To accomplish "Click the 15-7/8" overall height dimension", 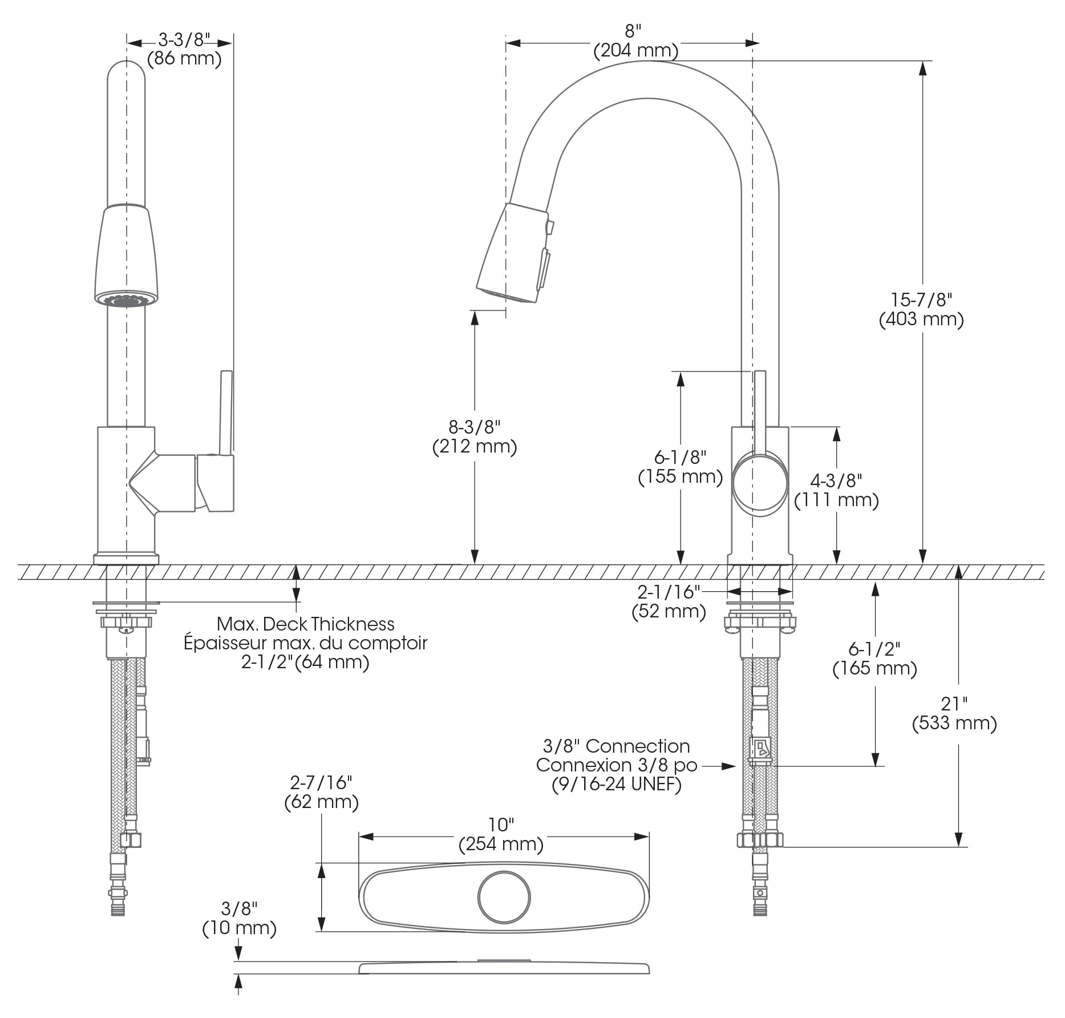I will click(x=921, y=300).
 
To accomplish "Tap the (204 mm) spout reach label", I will click(x=635, y=51).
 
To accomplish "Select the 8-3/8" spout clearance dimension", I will click(x=474, y=427).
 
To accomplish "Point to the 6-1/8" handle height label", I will click(x=680, y=457).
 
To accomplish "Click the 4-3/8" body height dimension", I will click(x=836, y=480).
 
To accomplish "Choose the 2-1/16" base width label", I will click(x=668, y=592).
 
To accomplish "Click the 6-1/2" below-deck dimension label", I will click(x=874, y=649).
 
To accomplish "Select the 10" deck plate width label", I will click(x=501, y=825).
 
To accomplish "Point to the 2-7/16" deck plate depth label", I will click(x=321, y=782).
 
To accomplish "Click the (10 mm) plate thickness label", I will click(x=239, y=928).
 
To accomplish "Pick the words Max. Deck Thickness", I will click(x=306, y=624).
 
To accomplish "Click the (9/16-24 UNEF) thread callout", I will click(x=617, y=785).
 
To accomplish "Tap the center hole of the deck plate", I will click(x=504, y=897).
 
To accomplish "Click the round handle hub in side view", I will click(x=760, y=482).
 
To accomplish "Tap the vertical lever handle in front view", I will click(x=226, y=411).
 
